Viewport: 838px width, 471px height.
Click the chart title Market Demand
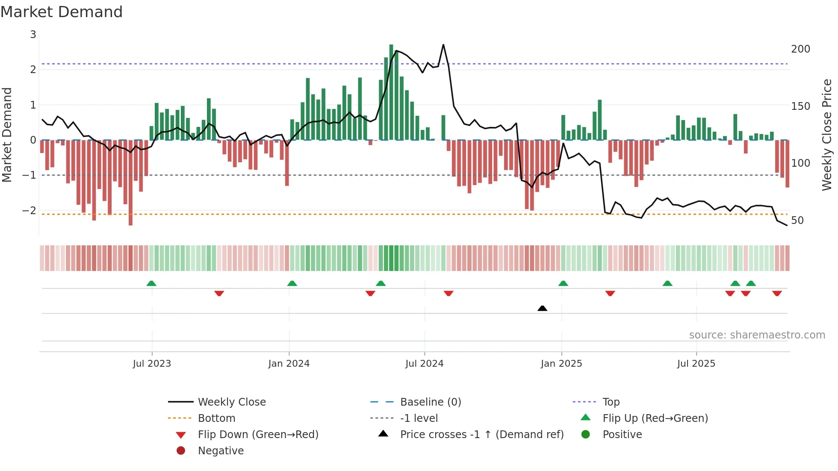coord(62,12)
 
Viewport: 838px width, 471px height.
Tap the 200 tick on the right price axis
coord(800,49)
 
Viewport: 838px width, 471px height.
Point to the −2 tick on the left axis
coord(30,211)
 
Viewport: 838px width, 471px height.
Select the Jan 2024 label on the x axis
coord(289,364)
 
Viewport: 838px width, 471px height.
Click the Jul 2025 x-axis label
coord(696,364)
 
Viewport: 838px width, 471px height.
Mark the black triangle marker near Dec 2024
coord(542,308)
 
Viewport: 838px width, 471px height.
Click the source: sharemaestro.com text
coord(757,335)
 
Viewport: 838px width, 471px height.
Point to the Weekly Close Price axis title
coord(827,135)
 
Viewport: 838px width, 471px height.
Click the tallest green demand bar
coord(391,92)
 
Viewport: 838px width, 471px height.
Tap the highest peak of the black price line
coord(443,45)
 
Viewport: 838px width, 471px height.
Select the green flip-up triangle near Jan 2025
coord(563,283)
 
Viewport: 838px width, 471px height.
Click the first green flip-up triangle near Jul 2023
coord(151,283)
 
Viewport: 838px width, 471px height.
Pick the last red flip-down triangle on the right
coord(777,294)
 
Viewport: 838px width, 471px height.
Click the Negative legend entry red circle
coord(181,451)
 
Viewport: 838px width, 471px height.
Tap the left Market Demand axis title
coord(7,135)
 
